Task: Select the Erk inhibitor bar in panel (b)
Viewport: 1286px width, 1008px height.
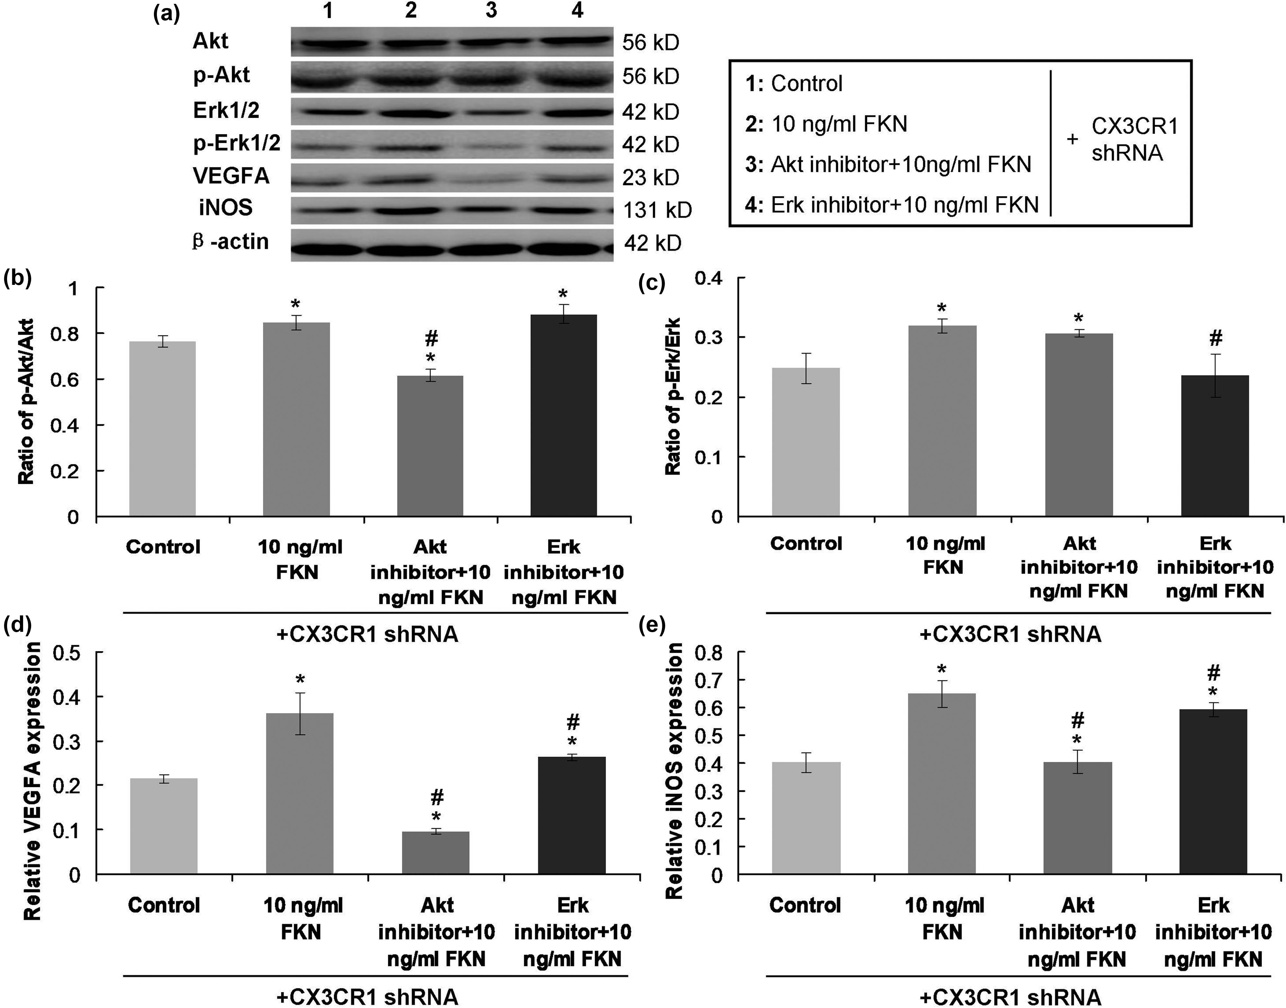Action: [x=564, y=416]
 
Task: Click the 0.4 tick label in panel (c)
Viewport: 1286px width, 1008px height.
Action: [x=708, y=278]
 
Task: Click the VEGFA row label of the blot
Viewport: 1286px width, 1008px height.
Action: [x=231, y=176]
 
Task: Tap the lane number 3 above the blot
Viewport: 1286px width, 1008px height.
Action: [x=491, y=11]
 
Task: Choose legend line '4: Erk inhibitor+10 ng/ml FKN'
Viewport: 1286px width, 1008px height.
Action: [x=891, y=205]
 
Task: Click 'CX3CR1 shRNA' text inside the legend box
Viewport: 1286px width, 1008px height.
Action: [x=1134, y=140]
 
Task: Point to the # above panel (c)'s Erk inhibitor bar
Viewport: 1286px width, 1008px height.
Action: [x=1215, y=338]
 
